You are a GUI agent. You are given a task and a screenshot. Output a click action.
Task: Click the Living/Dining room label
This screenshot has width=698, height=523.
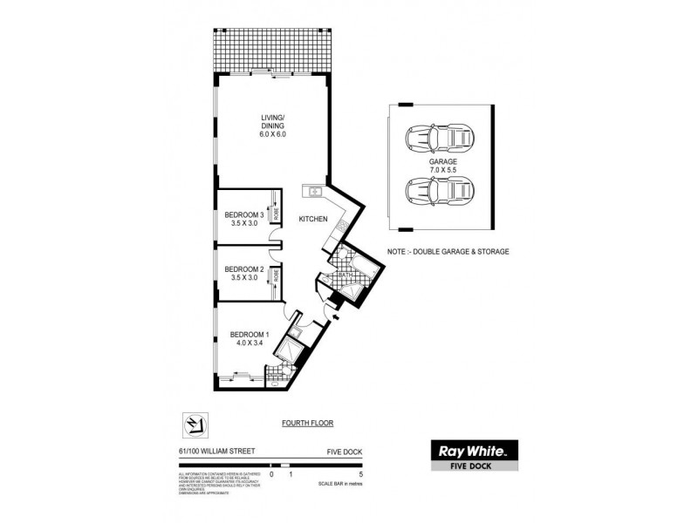pyautogui.click(x=273, y=126)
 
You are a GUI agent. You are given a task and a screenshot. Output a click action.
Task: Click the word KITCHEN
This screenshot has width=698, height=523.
pyautogui.click(x=313, y=219)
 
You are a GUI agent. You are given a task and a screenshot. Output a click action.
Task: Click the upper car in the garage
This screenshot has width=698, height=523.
pyautogui.click(x=440, y=138)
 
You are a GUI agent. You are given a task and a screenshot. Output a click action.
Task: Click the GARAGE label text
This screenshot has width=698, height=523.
pyautogui.click(x=442, y=161)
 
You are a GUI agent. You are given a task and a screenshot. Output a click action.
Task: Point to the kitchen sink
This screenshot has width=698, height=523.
pyautogui.click(x=314, y=191)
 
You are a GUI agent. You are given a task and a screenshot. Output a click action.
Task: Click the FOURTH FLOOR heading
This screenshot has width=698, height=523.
pyautogui.click(x=307, y=423)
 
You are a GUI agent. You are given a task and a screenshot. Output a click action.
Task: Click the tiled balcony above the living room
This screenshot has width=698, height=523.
pyautogui.click(x=272, y=54)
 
